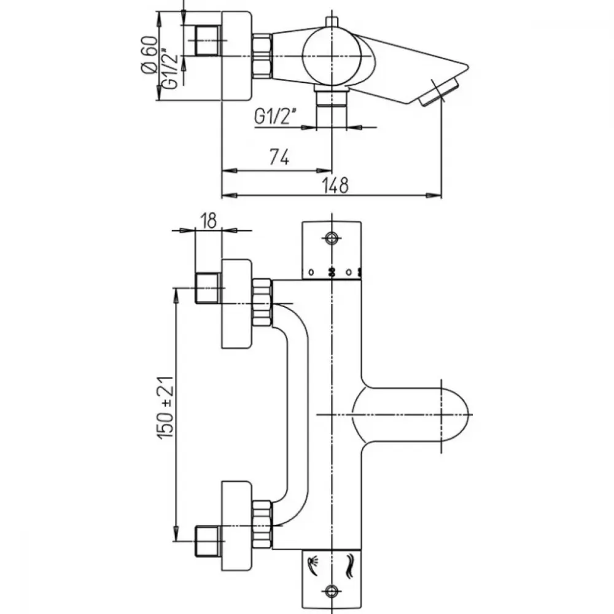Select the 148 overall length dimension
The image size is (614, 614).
[x=335, y=185]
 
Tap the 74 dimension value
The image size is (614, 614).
[x=279, y=157]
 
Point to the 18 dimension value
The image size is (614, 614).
[x=209, y=220]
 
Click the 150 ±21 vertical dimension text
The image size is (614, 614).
[x=165, y=407]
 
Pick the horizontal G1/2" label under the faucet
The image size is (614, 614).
[x=275, y=117]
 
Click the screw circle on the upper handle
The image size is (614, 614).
[x=332, y=238]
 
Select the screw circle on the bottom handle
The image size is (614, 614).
[x=332, y=591]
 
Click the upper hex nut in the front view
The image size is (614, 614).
[x=262, y=302]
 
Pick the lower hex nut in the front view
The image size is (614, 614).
[x=262, y=524]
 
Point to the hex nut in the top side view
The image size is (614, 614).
[x=262, y=56]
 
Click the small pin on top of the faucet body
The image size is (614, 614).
[x=332, y=22]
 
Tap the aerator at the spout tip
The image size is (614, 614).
[x=439, y=92]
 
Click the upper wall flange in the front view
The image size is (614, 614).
[x=236, y=303]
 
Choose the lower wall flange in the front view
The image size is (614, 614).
[x=236, y=526]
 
